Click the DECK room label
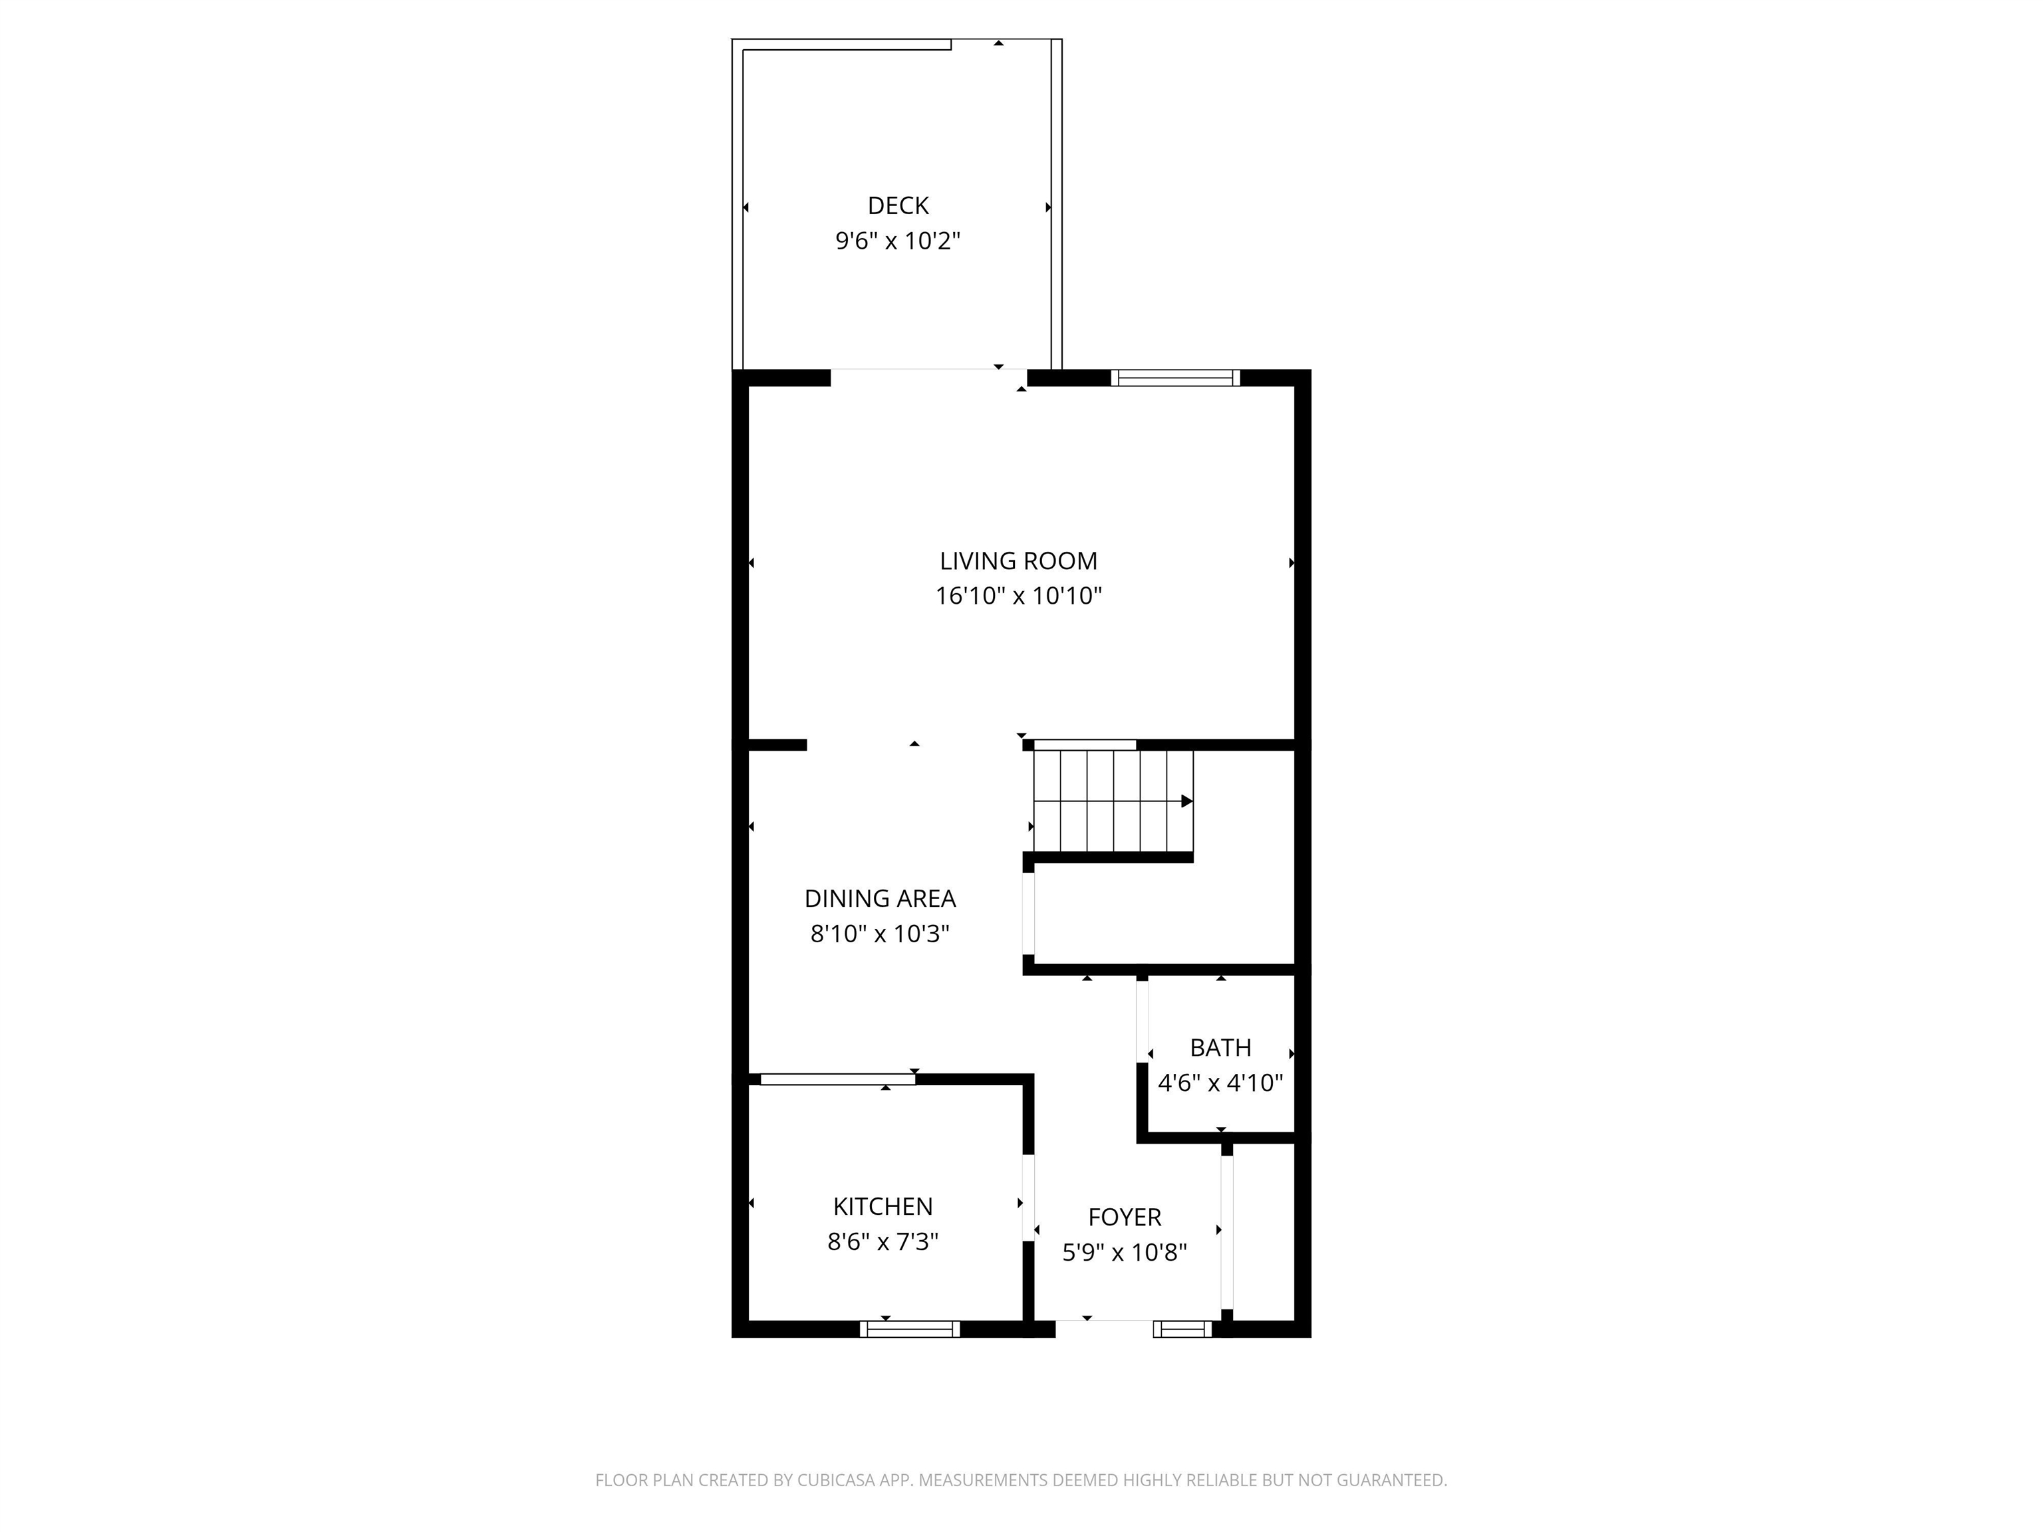pos(898,206)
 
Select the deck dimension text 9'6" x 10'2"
pos(898,241)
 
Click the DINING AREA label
pos(879,898)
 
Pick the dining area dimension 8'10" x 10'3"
pos(879,934)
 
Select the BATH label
pos(1220,1047)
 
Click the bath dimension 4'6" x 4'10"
pos(1220,1083)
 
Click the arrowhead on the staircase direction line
pos(1187,801)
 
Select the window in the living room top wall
pos(1175,378)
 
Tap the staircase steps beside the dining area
pos(1112,801)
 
